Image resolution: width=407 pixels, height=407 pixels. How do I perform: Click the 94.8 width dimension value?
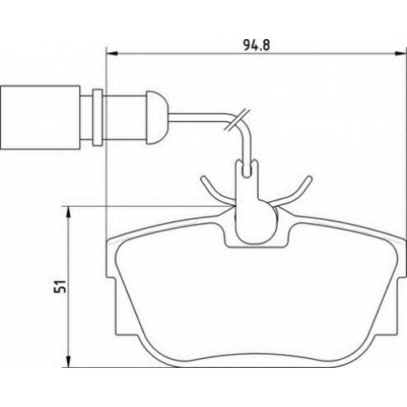pyautogui.click(x=256, y=45)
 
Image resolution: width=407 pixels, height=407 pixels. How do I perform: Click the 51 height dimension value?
pyautogui.click(x=60, y=286)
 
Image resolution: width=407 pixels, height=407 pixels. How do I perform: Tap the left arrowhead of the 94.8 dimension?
pyautogui.click(x=112, y=54)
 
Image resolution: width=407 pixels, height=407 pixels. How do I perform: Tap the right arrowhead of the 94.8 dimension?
pyautogui.click(x=400, y=54)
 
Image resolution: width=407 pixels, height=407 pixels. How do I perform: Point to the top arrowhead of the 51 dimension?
pyautogui.click(x=69, y=212)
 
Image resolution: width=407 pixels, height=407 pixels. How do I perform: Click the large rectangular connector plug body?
pyautogui.click(x=41, y=117)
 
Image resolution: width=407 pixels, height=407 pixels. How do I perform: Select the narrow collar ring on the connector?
pyautogui.click(x=97, y=117)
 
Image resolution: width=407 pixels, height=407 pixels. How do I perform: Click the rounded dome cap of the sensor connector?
pyautogui.click(x=158, y=117)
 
